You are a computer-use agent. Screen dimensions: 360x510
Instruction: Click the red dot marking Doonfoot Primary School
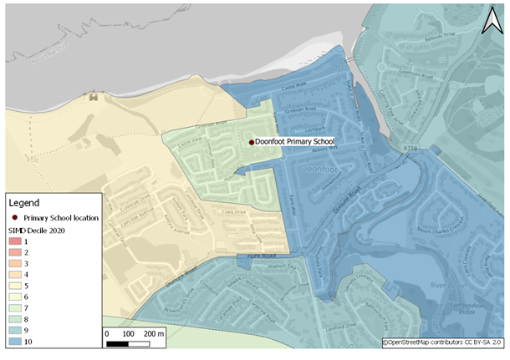pyautogui.click(x=251, y=143)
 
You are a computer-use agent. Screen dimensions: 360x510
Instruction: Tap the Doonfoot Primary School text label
pyautogui.click(x=294, y=143)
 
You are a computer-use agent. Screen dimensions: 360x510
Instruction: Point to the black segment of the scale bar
pyautogui.click(x=118, y=343)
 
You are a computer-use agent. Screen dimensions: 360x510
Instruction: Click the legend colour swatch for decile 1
pyautogui.click(x=16, y=241)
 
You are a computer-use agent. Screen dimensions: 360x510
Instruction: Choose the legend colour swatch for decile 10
pyautogui.click(x=16, y=342)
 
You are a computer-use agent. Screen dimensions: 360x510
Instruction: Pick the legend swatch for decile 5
pyautogui.click(x=16, y=285)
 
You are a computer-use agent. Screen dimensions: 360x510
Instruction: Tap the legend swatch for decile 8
pyautogui.click(x=16, y=319)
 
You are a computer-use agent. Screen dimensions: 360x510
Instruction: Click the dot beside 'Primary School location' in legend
pyautogui.click(x=15, y=217)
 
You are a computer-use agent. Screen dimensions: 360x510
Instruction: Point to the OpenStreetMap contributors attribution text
pyautogui.click(x=443, y=342)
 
